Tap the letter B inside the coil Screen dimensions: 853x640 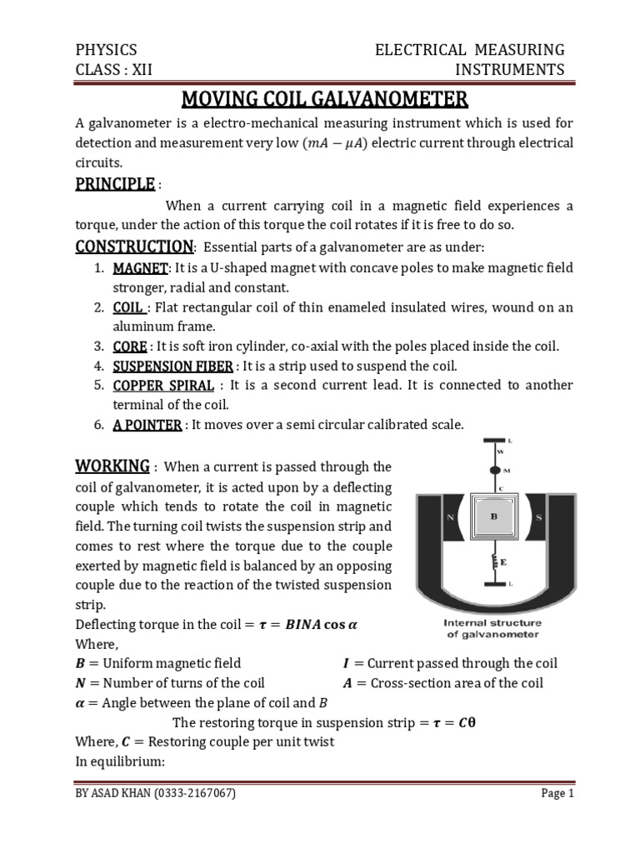tap(493, 517)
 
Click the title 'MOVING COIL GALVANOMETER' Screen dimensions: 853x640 tap(325, 100)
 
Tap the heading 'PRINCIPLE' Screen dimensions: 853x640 tap(115, 183)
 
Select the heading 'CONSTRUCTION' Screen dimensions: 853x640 tap(134, 247)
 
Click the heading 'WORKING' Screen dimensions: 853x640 tap(112, 465)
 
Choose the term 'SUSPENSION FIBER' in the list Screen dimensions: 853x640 tap(173, 366)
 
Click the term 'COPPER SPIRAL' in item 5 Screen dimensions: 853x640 tap(163, 385)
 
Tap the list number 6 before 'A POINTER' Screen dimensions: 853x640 tap(97, 425)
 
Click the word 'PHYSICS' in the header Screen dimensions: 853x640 tap(106, 49)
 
